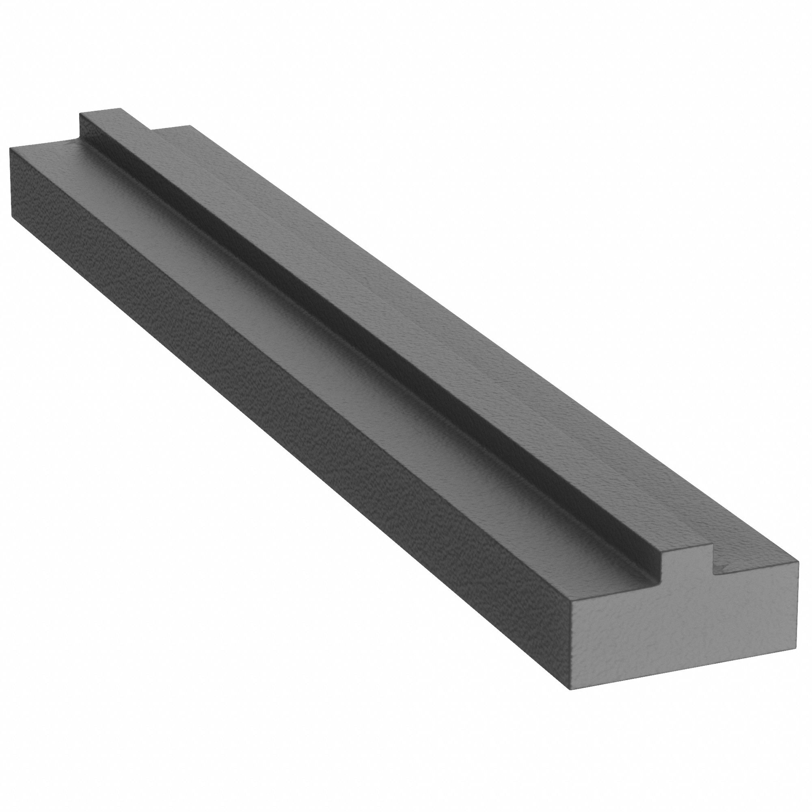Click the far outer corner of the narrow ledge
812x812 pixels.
191,125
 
